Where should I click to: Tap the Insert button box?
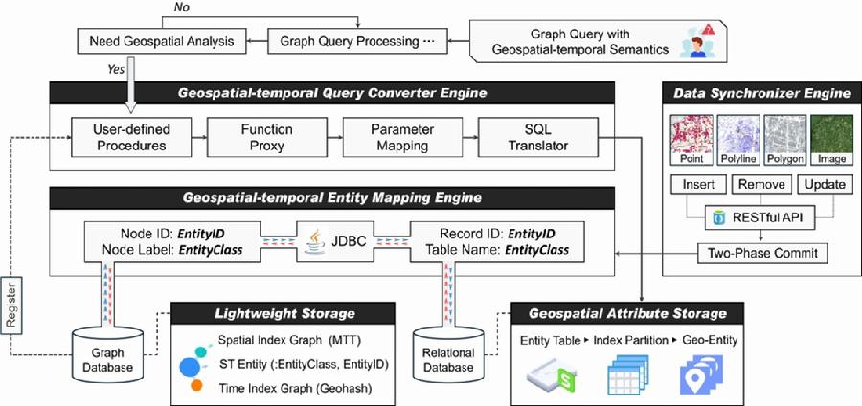pyautogui.click(x=699, y=183)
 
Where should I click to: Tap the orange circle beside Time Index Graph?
pyautogui.click(x=195, y=385)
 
